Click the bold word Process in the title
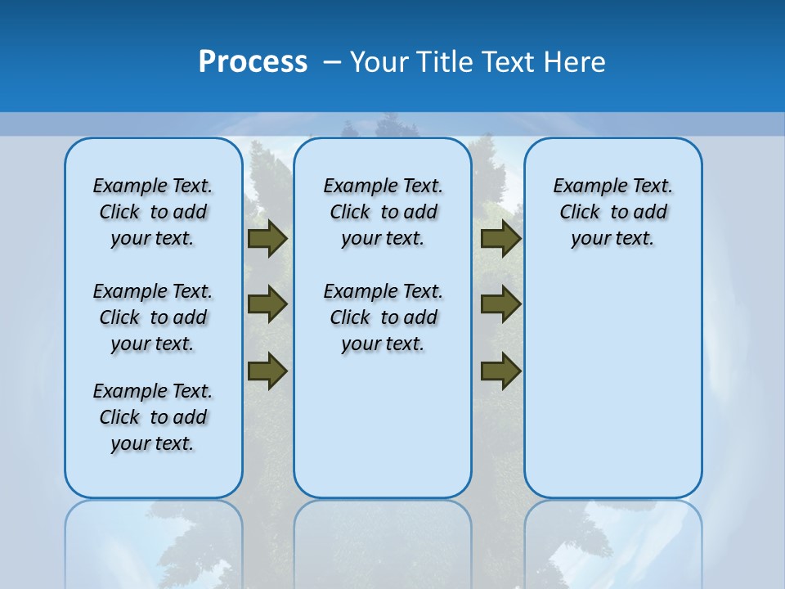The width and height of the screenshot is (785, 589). pos(253,62)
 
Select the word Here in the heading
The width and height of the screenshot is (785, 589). pos(575,62)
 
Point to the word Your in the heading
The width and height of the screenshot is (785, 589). pos(379,62)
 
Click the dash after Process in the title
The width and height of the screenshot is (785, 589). pos(332,62)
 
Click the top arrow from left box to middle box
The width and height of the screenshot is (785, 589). pos(267,238)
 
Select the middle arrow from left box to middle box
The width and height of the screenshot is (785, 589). pos(267,304)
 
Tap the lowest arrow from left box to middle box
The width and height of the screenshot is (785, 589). pos(267,371)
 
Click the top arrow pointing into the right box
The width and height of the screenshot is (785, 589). pos(500,238)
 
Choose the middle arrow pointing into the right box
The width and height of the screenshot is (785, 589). pos(500,304)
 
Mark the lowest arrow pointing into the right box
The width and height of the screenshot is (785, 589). pos(500,371)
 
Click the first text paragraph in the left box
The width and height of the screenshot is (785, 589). pos(153,212)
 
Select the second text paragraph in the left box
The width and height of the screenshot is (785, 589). pos(153,317)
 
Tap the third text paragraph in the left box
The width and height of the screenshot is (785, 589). pos(153,417)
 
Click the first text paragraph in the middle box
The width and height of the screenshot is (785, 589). pos(383,212)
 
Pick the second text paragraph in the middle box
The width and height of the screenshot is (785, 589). pos(383,317)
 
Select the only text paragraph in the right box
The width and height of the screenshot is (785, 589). pos(613,212)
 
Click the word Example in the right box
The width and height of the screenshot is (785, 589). pos(586,187)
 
